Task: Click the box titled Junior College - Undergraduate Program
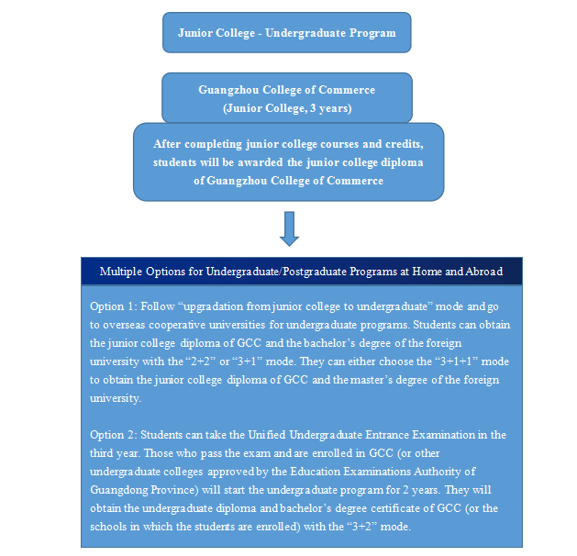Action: (x=286, y=33)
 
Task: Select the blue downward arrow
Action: (x=290, y=228)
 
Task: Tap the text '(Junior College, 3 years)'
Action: (x=286, y=108)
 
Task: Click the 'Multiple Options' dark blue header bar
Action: (x=302, y=272)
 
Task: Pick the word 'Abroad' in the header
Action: (x=483, y=272)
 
